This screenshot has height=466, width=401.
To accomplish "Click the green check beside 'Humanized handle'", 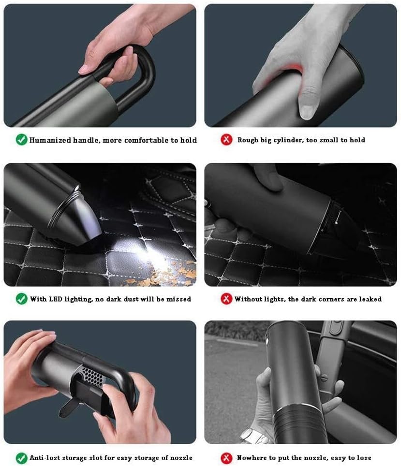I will [21, 140].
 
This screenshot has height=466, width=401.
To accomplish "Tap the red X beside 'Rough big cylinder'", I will [226, 140].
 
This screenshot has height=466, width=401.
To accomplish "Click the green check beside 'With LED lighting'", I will [21, 298].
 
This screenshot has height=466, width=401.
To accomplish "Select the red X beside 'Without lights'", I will [226, 299].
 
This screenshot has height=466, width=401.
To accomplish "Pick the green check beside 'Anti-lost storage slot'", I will [21, 457].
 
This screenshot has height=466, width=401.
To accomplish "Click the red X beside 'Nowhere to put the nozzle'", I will [226, 457].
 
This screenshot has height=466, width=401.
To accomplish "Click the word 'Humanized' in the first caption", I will [50, 140].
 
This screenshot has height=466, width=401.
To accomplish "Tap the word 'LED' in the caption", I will [55, 299].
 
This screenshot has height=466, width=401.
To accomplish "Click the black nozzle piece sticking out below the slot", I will [68, 406].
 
